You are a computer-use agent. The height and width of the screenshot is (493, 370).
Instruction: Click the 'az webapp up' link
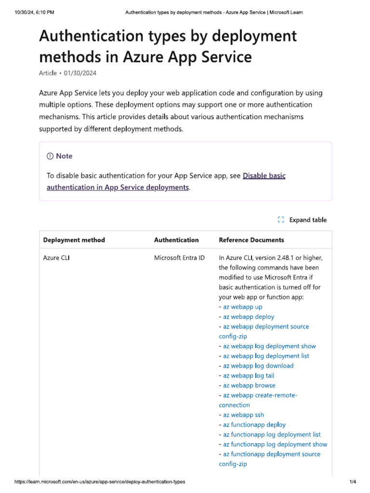[243, 307]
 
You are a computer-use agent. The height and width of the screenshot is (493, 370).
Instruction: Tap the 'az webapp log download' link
[258, 366]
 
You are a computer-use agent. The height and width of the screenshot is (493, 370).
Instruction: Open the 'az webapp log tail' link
[249, 376]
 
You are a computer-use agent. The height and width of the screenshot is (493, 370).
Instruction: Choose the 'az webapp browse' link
[249, 386]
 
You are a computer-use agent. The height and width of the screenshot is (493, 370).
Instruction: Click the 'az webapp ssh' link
[243, 415]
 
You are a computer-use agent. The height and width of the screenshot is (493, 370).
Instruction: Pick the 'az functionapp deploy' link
[254, 425]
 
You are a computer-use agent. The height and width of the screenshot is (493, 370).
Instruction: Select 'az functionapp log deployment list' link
[272, 435]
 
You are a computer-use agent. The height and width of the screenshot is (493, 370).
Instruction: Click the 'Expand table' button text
[308, 220]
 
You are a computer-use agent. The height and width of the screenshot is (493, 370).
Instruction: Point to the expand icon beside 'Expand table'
[281, 220]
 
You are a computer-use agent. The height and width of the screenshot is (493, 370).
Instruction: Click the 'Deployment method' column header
[74, 240]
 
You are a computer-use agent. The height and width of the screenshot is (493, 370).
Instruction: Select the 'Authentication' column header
[176, 240]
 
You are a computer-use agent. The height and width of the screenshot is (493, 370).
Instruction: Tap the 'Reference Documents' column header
[251, 240]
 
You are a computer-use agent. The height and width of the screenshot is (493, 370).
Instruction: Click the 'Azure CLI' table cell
[56, 258]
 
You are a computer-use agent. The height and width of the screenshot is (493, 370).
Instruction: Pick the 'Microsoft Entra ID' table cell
[179, 258]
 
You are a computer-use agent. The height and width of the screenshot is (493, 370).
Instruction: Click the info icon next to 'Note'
[50, 156]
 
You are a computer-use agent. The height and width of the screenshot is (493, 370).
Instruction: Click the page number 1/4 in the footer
[352, 482]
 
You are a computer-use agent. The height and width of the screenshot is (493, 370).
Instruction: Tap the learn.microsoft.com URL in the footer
[100, 482]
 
